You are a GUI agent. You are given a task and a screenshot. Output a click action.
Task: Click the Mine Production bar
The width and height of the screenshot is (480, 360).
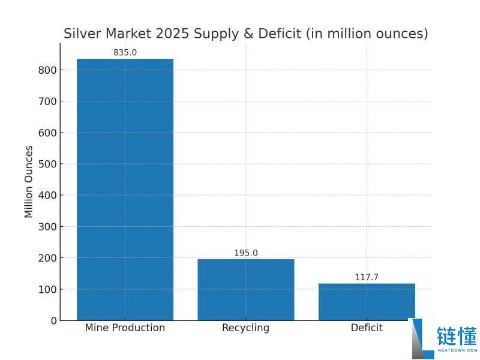125,189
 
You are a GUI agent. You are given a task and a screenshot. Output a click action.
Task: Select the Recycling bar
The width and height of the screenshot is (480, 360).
245,289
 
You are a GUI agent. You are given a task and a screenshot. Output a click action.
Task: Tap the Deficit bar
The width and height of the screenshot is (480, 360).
367,301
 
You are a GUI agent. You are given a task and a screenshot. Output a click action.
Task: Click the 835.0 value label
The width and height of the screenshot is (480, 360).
125,53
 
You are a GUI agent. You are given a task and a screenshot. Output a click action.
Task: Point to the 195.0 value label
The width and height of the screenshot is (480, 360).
245,253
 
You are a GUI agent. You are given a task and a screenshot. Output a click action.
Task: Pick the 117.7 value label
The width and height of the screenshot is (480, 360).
367,277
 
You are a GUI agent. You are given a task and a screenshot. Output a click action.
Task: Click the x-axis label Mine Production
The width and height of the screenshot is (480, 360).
125,328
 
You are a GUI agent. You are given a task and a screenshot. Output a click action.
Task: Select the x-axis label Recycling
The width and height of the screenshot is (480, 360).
245,328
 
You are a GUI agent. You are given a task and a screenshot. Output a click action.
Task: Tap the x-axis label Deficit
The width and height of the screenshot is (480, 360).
367,328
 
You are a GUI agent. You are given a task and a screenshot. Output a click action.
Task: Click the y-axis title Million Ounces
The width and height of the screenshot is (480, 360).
29,182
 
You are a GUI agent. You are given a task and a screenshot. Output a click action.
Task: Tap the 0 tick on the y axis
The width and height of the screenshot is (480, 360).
53,320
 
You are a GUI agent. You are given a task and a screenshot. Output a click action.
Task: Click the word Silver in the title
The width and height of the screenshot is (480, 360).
82,34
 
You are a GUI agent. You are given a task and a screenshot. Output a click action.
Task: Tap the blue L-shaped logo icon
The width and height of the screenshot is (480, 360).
422,339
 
